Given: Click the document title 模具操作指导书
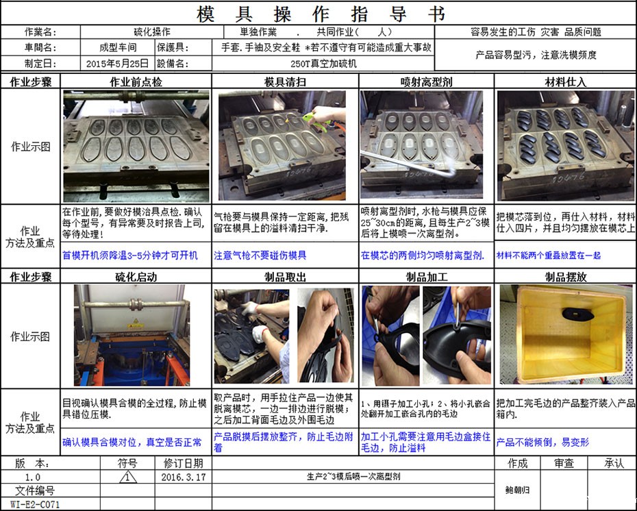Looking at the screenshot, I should pyautogui.click(x=320, y=13).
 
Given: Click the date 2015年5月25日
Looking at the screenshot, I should pyautogui.click(x=118, y=63).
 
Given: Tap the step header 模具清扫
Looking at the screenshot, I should pyautogui.click(x=285, y=82).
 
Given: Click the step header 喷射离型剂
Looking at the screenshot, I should pyautogui.click(x=426, y=82).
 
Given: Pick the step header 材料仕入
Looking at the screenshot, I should pyautogui.click(x=565, y=82).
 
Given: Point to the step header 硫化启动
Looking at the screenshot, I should pyautogui.click(x=136, y=277).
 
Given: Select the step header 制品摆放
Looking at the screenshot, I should pyautogui.click(x=565, y=277).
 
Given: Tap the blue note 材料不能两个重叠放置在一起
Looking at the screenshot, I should pyautogui.click(x=548, y=255).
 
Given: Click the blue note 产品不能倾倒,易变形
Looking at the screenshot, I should pyautogui.click(x=542, y=443).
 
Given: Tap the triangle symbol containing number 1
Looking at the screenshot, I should pyautogui.click(x=128, y=477).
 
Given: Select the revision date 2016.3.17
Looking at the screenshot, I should pyautogui.click(x=183, y=477).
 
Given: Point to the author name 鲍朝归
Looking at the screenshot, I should pyautogui.click(x=518, y=490).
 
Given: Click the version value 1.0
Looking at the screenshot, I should pyautogui.click(x=32, y=477).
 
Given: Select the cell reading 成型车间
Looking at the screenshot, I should pyautogui.click(x=118, y=48).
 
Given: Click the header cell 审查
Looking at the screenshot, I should pyautogui.click(x=564, y=464).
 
